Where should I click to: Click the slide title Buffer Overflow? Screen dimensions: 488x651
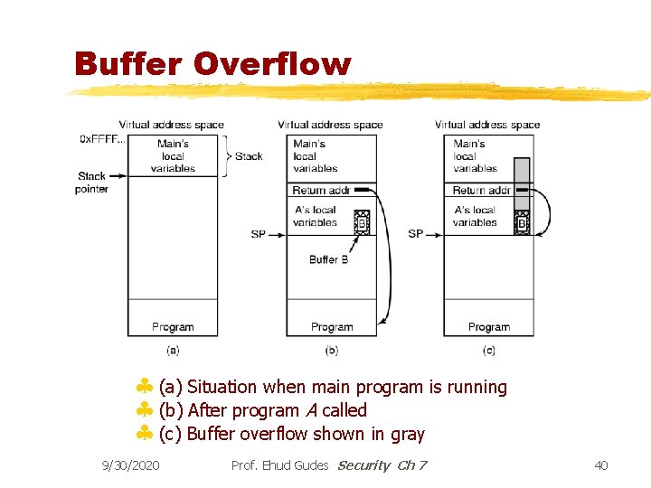[x=212, y=63]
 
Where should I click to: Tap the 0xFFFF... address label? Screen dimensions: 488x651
[x=102, y=139]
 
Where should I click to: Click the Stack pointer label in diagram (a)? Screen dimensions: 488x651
[x=92, y=183]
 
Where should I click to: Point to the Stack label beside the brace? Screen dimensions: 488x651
[x=249, y=156]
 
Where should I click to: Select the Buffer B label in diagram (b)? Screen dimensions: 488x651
[x=328, y=259]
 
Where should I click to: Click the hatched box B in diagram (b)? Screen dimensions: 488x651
[x=361, y=222]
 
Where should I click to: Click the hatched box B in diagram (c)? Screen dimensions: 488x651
[x=522, y=222]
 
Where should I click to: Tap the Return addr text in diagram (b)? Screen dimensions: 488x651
[x=321, y=191]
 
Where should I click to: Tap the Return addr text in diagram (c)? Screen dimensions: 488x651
[x=481, y=191]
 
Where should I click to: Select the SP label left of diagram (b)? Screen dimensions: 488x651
[x=259, y=234]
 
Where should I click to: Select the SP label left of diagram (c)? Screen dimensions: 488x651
[x=415, y=234]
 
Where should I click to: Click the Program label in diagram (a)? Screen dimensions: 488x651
[x=173, y=327]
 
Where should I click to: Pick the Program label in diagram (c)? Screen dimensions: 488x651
[x=488, y=327]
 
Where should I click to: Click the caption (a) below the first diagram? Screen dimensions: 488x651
[x=173, y=350]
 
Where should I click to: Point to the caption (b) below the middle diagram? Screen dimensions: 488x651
[x=331, y=350]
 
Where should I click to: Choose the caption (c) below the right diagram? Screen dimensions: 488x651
[x=488, y=350]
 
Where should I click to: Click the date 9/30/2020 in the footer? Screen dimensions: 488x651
[x=131, y=465]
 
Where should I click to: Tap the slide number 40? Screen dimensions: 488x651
[x=601, y=465]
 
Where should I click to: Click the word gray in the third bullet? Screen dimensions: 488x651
[x=408, y=435]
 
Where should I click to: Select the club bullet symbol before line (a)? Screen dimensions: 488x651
[x=144, y=388]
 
